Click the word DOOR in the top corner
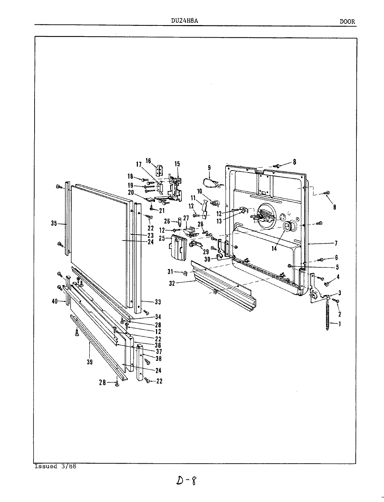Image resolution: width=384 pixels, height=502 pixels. point(347,21)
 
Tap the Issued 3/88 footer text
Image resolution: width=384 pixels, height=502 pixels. point(55,466)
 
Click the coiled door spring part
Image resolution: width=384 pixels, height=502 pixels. point(327,315)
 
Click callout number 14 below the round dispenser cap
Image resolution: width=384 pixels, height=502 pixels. point(274,249)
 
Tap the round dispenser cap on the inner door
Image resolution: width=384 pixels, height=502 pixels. point(288,227)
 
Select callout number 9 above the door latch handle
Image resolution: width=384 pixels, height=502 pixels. point(209,168)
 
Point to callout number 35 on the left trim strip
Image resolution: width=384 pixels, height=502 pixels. point(54,224)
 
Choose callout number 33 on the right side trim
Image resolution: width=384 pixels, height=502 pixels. point(158,301)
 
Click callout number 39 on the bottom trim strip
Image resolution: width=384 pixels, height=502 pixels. point(90,363)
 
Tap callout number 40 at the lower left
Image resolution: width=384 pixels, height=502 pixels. point(54,302)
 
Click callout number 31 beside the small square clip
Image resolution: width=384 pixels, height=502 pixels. point(180,272)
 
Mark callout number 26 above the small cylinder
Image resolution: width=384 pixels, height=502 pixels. point(167,221)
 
